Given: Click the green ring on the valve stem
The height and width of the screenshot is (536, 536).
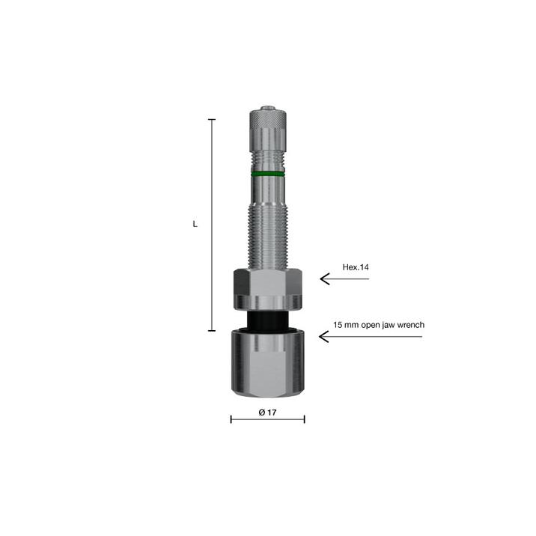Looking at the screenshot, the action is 268,174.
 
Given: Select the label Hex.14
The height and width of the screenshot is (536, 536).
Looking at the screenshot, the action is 356,267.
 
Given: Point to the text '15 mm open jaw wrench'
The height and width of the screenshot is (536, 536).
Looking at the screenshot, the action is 379,325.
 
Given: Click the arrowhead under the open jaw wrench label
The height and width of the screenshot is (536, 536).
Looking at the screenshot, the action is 323,337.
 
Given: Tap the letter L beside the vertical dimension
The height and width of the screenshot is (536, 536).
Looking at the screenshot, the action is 195,225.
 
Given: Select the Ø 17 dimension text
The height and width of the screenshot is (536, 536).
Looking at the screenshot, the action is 268,412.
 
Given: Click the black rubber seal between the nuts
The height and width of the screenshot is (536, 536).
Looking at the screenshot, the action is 268,321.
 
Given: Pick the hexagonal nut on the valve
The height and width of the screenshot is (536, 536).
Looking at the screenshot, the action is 268,282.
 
